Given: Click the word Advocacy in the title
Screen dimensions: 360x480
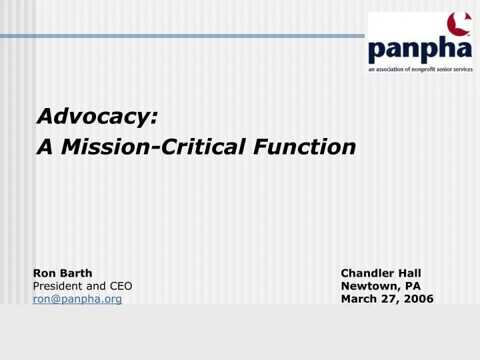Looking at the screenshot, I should [97, 117].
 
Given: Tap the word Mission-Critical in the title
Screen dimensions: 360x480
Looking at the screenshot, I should [155, 146].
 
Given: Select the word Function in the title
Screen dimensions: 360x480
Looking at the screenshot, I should [307, 146].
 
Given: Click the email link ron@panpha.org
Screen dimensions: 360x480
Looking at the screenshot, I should [77, 299].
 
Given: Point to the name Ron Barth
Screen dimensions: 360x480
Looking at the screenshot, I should [63, 273].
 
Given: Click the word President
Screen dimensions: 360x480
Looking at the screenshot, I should [59, 286].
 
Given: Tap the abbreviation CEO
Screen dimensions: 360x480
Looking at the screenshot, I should [121, 286].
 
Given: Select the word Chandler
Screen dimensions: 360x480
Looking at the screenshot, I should [368, 273].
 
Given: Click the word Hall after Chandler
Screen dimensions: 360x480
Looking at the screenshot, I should [410, 273].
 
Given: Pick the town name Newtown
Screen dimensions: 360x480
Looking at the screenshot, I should [370, 286].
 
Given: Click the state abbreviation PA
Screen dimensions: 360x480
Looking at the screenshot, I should [413, 286].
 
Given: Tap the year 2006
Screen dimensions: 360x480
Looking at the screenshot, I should [419, 299].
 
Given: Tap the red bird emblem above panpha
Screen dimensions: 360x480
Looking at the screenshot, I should [457, 25].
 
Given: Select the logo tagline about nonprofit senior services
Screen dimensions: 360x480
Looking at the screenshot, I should [421, 69].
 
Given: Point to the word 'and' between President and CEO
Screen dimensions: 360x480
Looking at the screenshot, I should [97, 286].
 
